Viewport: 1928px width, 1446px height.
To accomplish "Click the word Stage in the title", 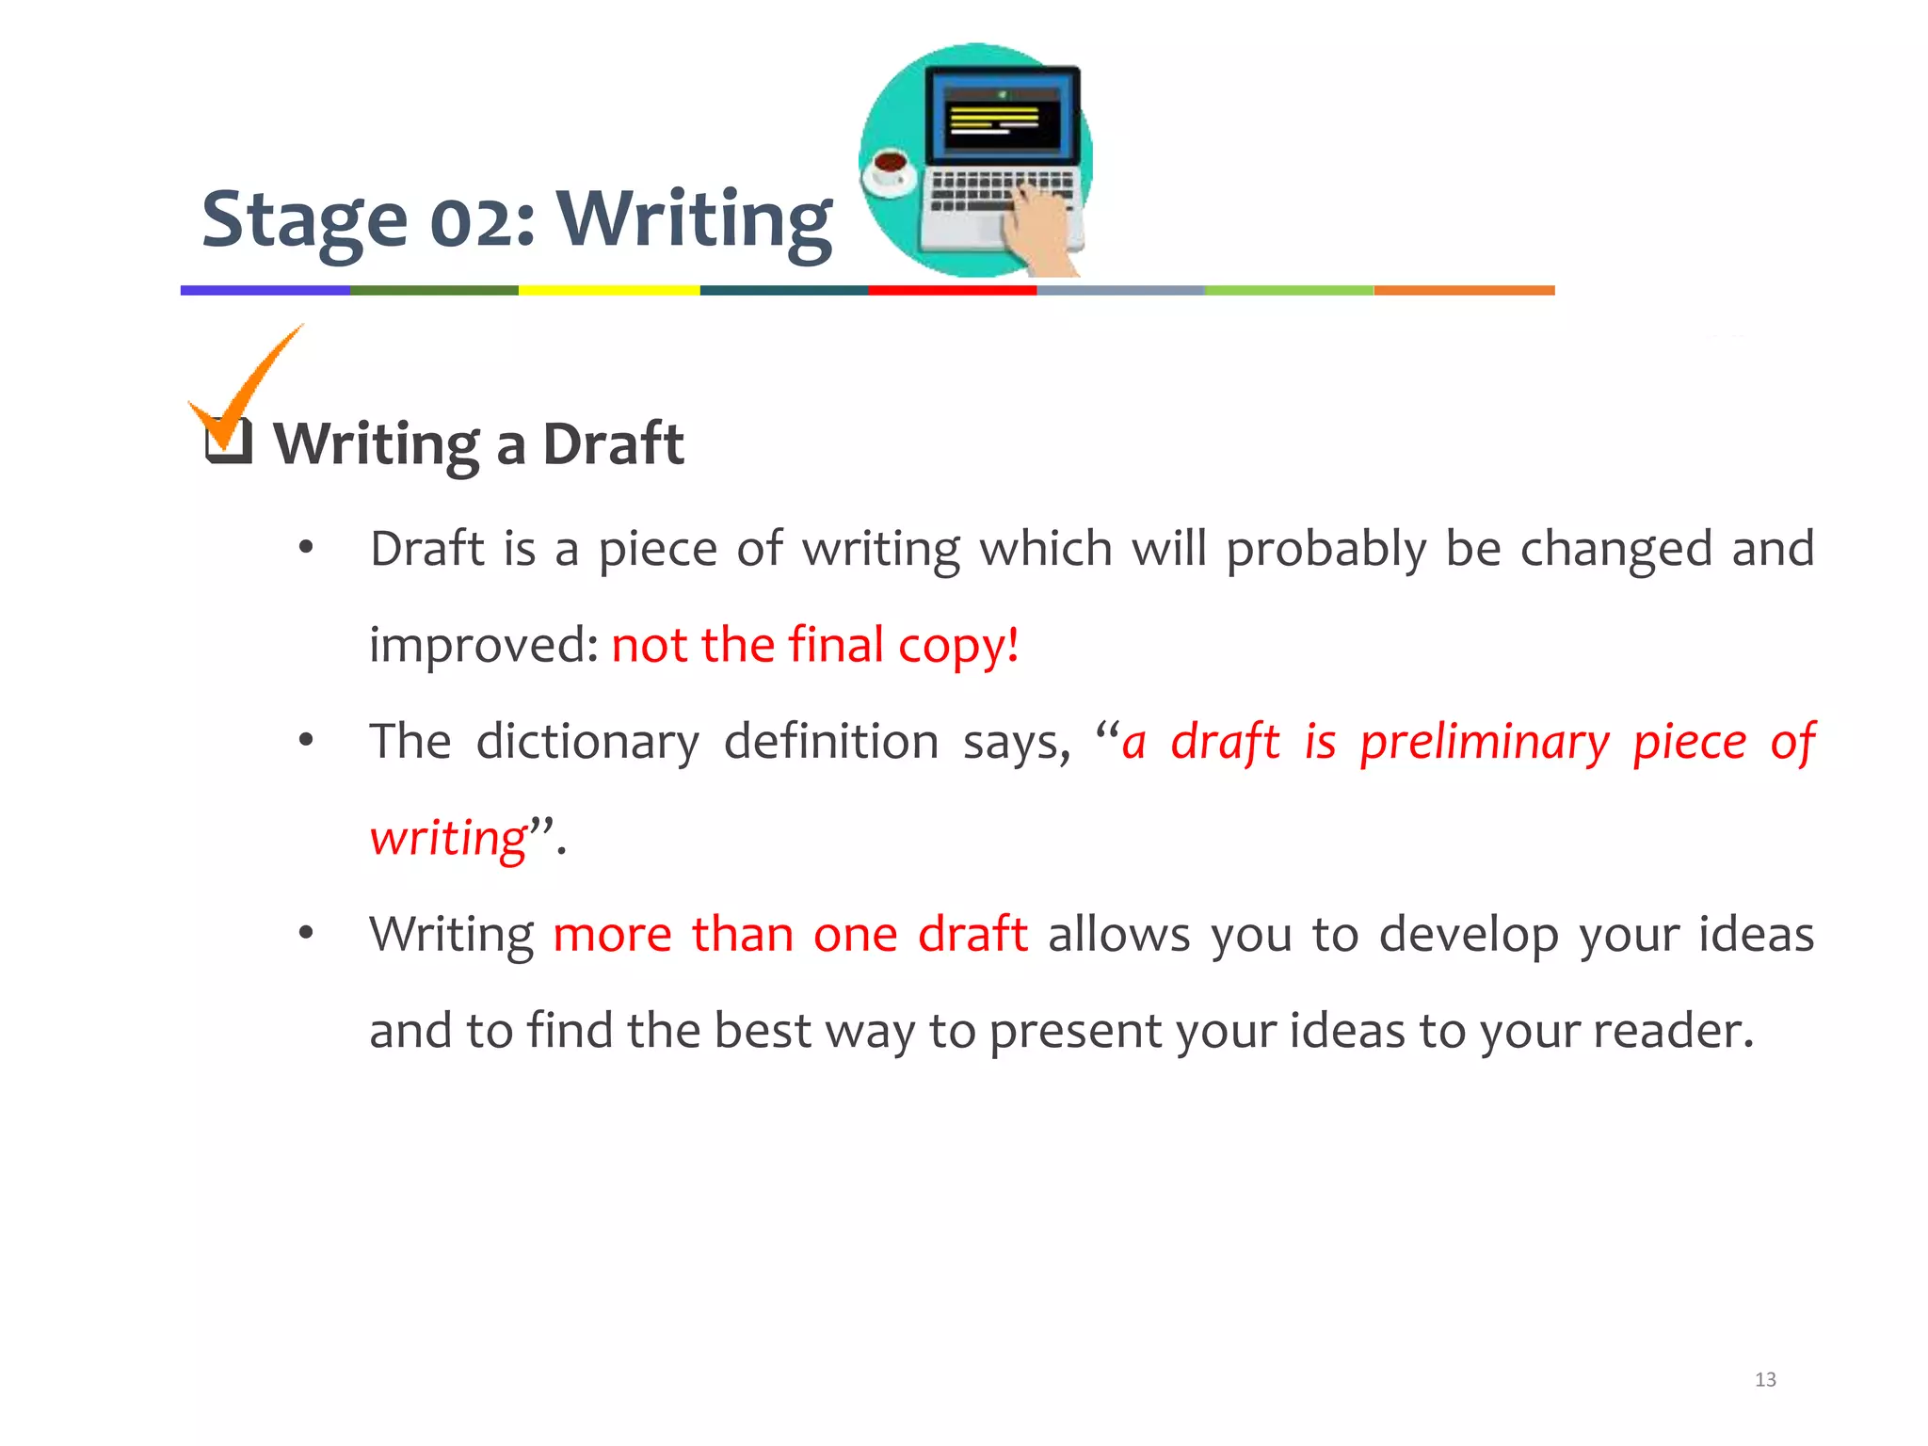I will click(304, 219).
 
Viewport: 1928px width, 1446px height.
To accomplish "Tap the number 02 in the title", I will click(475, 223).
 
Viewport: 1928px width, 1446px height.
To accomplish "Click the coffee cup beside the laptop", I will click(889, 169).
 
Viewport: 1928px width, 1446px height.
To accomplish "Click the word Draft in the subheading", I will click(613, 443).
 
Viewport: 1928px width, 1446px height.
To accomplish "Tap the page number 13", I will click(1765, 1379).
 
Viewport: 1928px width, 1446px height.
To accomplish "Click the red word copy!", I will click(957, 647).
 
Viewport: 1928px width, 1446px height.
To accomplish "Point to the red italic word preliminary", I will click(1485, 742).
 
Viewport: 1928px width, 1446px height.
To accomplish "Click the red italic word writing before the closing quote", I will click(448, 838).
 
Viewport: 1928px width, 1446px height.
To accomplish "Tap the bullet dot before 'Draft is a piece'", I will click(305, 549).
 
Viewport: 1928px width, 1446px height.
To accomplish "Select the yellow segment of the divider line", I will click(608, 291).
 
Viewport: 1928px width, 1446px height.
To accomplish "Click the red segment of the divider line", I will click(952, 291).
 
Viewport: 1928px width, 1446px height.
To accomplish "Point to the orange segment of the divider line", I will click(1464, 291).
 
